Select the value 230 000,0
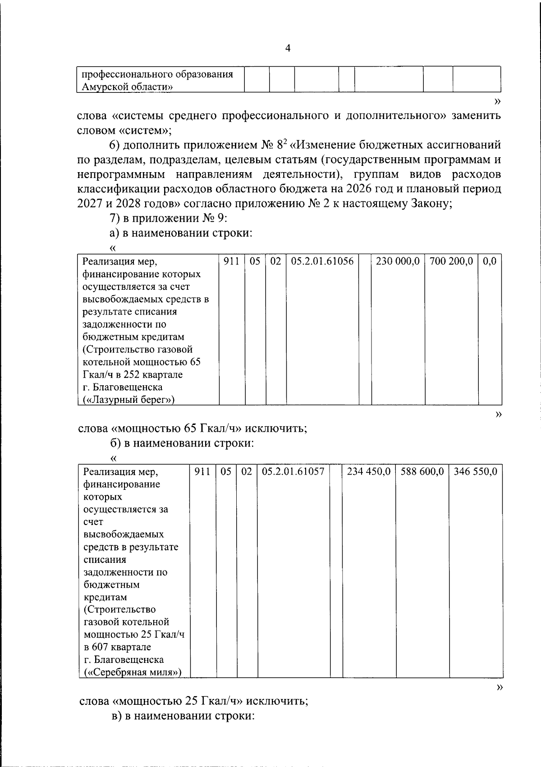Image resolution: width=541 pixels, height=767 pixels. (x=398, y=261)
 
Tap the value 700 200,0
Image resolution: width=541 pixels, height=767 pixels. (x=451, y=261)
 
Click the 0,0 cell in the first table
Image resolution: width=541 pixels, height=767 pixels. (x=490, y=261)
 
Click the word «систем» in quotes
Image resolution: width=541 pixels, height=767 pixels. (x=143, y=131)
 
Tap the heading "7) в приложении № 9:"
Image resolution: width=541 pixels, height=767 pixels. (x=168, y=218)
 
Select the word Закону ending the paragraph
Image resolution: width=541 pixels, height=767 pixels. (x=428, y=203)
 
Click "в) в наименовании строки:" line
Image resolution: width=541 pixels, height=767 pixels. (x=183, y=716)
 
